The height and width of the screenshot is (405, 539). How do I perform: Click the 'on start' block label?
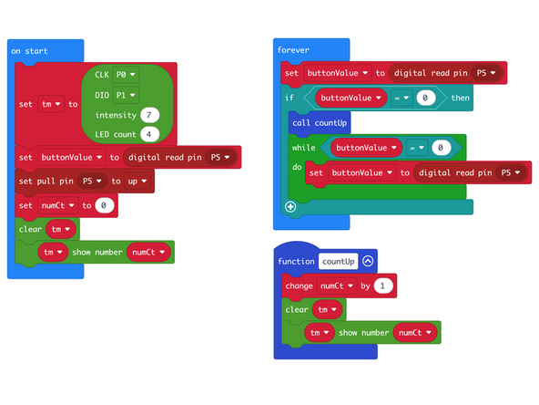click(x=29, y=51)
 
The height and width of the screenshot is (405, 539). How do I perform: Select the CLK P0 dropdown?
click(x=125, y=73)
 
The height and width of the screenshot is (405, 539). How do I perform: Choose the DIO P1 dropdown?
click(x=125, y=94)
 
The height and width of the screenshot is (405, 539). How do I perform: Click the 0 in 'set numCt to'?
click(x=105, y=206)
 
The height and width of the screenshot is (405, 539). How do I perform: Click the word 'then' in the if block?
click(x=461, y=98)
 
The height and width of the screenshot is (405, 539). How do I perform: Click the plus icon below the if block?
click(x=290, y=206)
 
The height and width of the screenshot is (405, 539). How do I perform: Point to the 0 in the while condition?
click(x=441, y=147)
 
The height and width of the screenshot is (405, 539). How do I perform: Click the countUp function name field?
click(x=338, y=262)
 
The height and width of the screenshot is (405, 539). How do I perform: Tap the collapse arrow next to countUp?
click(x=368, y=262)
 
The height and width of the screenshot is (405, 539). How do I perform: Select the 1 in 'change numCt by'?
click(x=383, y=286)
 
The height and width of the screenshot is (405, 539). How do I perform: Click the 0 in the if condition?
click(x=424, y=98)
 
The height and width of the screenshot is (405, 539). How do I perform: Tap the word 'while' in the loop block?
click(x=304, y=147)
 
